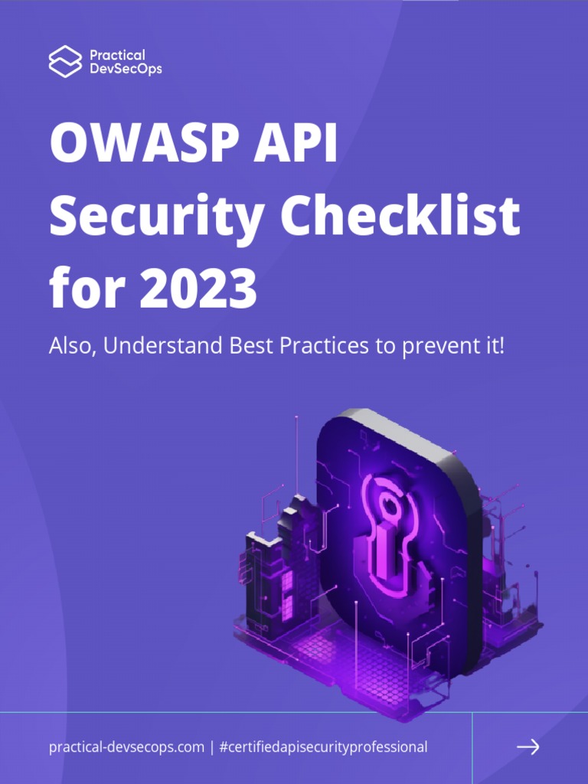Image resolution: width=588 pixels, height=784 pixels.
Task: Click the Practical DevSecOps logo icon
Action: pyautogui.click(x=65, y=61)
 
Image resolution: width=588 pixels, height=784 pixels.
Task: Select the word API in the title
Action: pyautogui.click(x=305, y=144)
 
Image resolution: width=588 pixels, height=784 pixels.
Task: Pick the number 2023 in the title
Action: pyautogui.click(x=194, y=289)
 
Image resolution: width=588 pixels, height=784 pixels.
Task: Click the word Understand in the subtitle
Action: pyautogui.click(x=163, y=345)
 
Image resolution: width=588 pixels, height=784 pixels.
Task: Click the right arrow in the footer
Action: pyautogui.click(x=528, y=746)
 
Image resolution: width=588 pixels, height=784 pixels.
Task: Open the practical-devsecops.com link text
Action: pyautogui.click(x=126, y=747)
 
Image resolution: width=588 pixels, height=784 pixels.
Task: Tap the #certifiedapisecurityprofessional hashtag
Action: pyautogui.click(x=322, y=747)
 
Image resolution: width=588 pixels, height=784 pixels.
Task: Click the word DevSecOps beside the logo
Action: pyautogui.click(x=126, y=69)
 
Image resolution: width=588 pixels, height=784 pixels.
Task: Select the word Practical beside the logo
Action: pyautogui.click(x=117, y=55)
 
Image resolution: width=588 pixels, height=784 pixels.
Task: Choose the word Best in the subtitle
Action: pyautogui.click(x=252, y=345)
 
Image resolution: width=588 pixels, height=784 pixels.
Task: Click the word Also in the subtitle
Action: pyautogui.click(x=71, y=345)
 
